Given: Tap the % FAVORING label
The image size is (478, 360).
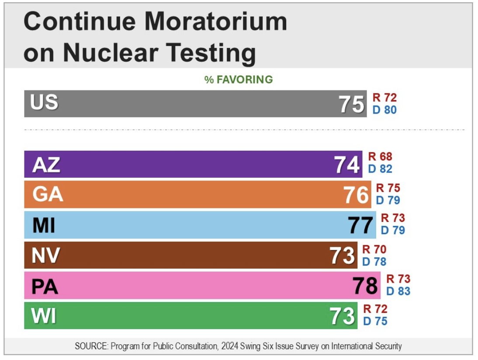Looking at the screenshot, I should [x=239, y=80].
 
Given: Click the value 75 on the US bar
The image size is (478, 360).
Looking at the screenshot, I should [x=351, y=105].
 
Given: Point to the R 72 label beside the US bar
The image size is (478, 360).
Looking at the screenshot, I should [x=384, y=97].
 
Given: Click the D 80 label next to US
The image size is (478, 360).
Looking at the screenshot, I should [x=384, y=110].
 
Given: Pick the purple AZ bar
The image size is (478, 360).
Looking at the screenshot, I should [x=175, y=164].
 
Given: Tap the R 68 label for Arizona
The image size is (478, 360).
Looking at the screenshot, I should [x=380, y=157].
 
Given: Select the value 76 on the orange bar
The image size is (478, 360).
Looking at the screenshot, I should [x=356, y=195].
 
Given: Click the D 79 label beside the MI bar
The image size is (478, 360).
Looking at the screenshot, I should [x=393, y=230].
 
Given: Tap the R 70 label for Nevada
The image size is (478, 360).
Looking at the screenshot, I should [x=374, y=250].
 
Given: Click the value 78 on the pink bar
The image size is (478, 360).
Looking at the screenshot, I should [x=365, y=286].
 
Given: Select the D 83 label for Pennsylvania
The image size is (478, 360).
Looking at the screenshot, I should [x=398, y=291].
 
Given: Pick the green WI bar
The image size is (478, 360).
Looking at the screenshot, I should [x=175, y=315].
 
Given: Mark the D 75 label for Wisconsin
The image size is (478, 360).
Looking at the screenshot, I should [x=375, y=322].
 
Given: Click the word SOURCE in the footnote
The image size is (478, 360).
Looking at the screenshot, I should [x=90, y=346].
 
